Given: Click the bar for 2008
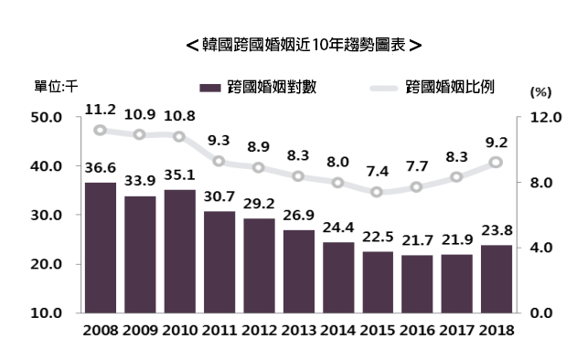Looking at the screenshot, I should point(100,248).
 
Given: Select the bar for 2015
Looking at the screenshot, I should point(378,281).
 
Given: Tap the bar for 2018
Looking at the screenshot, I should point(497,279).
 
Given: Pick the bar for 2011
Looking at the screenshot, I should point(219,261).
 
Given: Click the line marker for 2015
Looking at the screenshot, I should point(378,192).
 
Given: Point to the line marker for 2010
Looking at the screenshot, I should point(179,137).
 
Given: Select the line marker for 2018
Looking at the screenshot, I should point(497,163).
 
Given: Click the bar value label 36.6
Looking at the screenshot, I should point(100,169).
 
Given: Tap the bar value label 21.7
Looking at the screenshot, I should point(417,242).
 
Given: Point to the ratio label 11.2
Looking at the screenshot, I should point(100,110).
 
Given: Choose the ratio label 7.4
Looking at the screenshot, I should point(378,172).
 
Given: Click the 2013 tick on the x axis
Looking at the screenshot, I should point(298,330).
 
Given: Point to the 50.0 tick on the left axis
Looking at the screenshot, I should point(46,118).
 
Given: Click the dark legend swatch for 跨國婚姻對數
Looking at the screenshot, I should point(209,88).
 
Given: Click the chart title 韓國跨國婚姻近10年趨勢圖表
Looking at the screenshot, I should point(303,44).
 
